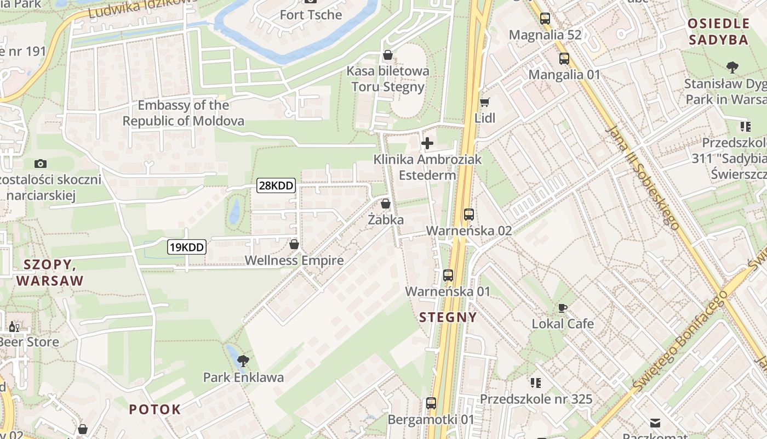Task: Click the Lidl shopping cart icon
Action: (484, 102)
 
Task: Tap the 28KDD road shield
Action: (276, 185)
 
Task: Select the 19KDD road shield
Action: (186, 247)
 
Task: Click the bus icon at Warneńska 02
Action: (469, 215)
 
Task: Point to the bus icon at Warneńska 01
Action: (448, 275)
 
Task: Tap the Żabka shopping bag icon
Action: (386, 204)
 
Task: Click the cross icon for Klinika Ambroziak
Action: (427, 144)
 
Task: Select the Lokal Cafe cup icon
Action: (563, 308)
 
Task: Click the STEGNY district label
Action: (448, 317)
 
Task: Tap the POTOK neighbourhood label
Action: (154, 409)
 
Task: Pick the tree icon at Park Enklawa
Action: (243, 361)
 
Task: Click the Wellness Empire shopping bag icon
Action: (294, 244)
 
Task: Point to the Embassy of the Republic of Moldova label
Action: (183, 113)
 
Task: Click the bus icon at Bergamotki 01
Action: (431, 403)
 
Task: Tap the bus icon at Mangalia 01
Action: (564, 59)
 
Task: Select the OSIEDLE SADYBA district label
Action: (718, 31)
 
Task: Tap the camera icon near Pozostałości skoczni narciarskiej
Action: (40, 164)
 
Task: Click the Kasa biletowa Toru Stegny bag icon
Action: (388, 55)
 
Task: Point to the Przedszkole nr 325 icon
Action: (536, 382)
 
